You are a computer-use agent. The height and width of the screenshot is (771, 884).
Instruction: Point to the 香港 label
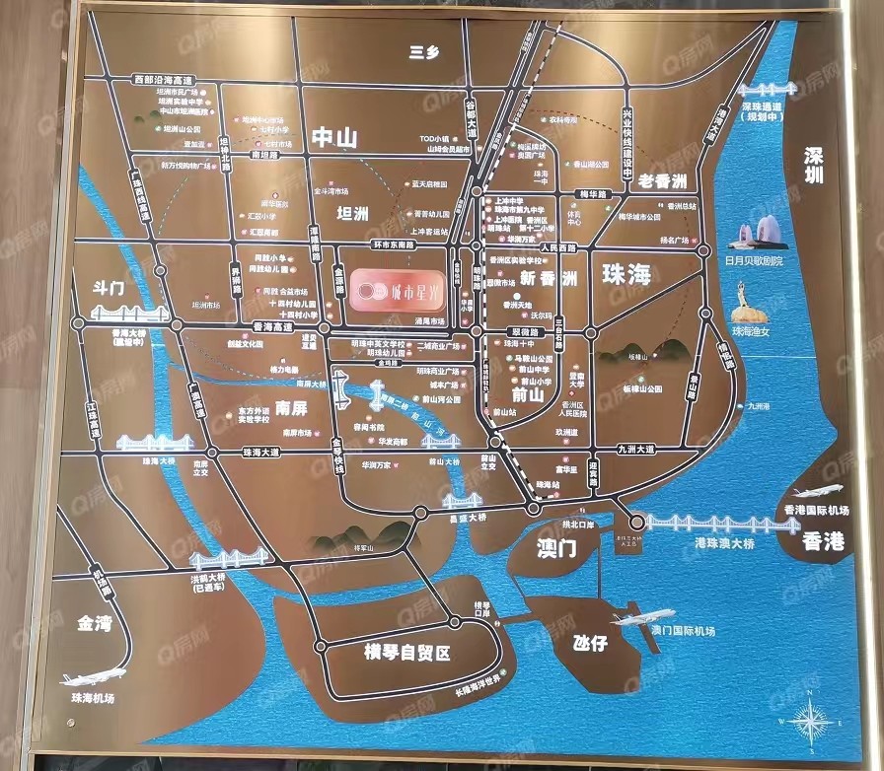point(823,540)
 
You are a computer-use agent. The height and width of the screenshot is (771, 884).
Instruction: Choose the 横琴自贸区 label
point(407,652)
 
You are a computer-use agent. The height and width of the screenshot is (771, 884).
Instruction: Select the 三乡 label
point(423,53)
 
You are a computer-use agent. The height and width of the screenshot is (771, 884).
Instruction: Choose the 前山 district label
point(529,393)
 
